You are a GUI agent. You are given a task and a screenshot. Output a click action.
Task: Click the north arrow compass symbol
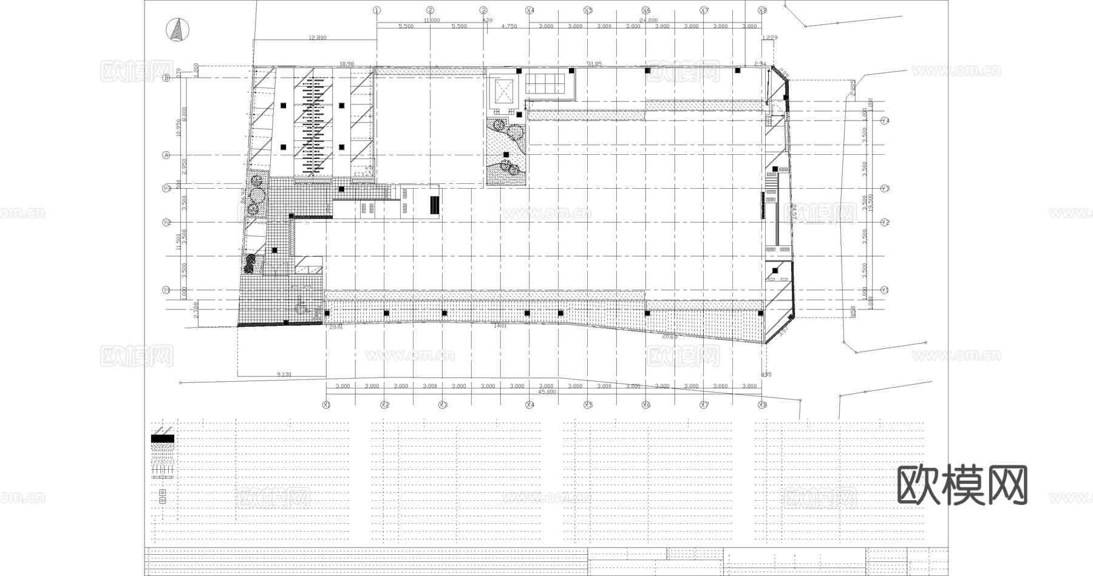point(177,30)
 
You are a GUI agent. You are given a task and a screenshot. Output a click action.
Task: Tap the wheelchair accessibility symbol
point(300,306)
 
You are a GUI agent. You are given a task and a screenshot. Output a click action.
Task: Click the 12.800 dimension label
point(318,38)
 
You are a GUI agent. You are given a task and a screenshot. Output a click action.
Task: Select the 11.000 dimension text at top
point(431,20)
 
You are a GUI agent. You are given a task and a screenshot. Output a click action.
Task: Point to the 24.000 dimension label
point(649,20)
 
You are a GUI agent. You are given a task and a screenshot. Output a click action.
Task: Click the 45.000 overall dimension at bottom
point(546,392)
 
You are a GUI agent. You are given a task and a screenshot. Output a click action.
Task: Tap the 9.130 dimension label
point(284,374)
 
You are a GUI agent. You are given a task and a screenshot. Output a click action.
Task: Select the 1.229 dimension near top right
point(769,38)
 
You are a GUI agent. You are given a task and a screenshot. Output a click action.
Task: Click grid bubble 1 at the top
point(376,10)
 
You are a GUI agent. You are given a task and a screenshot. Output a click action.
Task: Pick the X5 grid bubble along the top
point(588,10)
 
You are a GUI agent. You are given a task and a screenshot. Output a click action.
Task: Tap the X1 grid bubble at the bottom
point(326,405)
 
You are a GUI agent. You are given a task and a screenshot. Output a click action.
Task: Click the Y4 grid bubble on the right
point(885,121)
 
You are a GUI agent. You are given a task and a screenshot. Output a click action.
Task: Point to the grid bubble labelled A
point(166,155)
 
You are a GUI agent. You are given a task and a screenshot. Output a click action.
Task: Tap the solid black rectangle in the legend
point(162,438)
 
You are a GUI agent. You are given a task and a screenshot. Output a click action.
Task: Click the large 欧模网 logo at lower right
point(962,486)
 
